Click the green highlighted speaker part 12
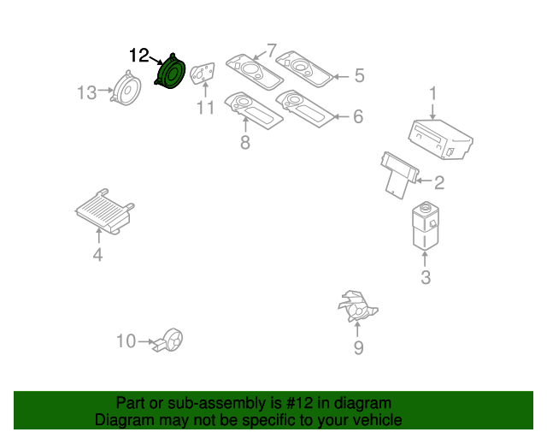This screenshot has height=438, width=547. click(172, 72)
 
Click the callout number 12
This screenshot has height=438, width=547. click(139, 56)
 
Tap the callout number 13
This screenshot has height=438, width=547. click(87, 92)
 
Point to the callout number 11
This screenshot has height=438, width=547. click(204, 108)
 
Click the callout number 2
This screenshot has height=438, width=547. click(439, 182)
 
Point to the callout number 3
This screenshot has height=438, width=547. click(425, 276)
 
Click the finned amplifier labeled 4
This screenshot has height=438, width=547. click(103, 211)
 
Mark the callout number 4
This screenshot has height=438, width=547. click(97, 255)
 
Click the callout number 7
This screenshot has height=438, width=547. click(272, 50)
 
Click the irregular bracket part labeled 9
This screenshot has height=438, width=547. click(357, 307)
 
